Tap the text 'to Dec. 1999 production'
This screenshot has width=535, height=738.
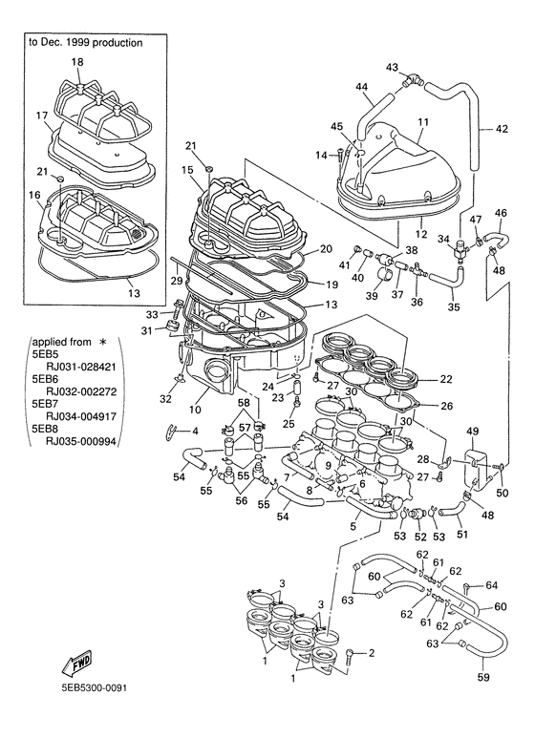coord(85,43)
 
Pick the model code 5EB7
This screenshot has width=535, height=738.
coord(46,403)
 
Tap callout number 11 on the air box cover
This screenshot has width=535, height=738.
coord(422,123)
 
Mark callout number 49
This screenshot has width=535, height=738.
coord(472,432)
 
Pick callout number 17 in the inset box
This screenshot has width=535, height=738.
coord(42,116)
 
